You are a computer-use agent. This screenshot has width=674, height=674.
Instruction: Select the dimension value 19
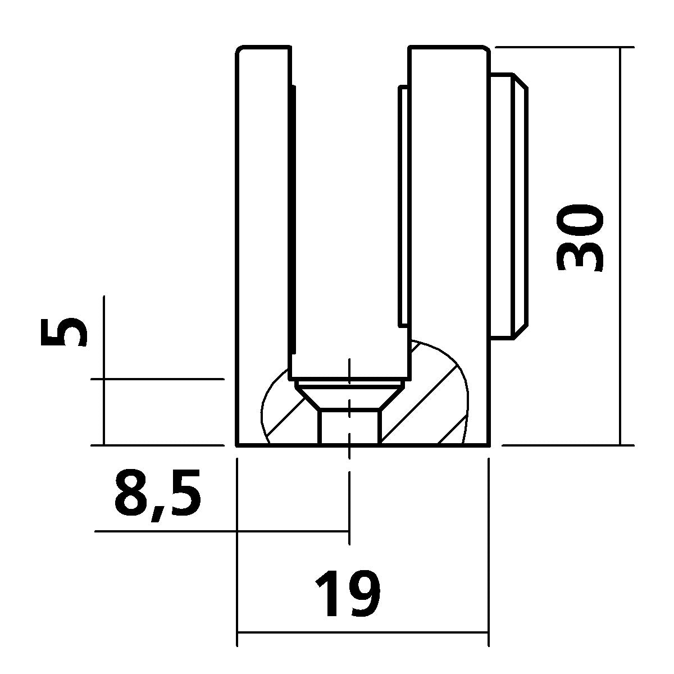click(348, 594)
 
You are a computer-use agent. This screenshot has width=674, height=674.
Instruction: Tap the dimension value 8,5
click(157, 494)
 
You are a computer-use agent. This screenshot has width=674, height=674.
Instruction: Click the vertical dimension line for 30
click(621, 247)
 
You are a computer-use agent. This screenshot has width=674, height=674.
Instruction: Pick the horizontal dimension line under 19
click(362, 632)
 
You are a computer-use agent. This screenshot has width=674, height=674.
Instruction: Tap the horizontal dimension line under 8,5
click(225, 531)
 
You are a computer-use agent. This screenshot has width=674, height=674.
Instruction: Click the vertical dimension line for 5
click(104, 371)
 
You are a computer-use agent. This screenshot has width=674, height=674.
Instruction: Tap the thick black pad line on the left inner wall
click(293, 219)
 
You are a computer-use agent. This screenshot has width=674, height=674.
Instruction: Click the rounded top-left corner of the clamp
click(239, 50)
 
